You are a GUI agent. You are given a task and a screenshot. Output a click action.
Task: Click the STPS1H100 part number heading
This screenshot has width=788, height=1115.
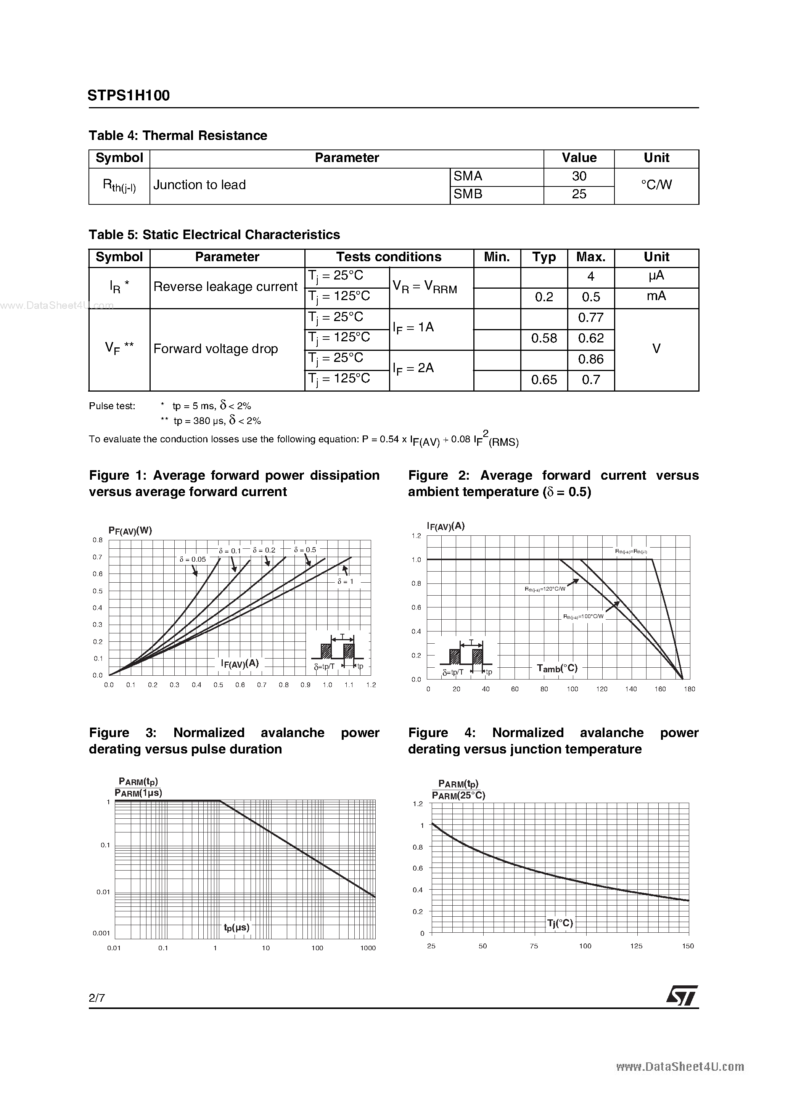click(129, 96)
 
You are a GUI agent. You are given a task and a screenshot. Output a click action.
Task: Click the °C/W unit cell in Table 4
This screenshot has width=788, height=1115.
click(656, 185)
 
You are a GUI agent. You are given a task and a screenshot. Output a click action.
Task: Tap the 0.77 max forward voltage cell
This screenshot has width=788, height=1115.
click(590, 318)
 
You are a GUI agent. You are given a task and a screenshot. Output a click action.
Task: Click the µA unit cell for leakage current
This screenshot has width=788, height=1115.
click(656, 276)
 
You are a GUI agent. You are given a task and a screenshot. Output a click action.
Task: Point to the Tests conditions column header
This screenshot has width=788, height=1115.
click(389, 257)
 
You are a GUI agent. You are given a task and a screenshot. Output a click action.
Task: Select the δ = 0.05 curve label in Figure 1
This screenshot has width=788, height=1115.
click(192, 559)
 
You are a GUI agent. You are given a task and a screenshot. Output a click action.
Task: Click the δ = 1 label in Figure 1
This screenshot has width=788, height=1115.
click(346, 581)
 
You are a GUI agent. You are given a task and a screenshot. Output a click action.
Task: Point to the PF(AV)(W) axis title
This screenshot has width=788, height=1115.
click(130, 531)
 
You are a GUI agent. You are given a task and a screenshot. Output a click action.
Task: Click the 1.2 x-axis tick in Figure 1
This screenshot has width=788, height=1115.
click(371, 685)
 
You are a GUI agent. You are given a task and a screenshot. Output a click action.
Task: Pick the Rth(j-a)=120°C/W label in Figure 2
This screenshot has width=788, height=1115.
click(545, 589)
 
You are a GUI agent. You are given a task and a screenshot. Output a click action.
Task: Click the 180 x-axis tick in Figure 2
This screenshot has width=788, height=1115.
click(689, 689)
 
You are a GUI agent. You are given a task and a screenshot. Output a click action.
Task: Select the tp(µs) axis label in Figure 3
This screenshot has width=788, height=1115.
click(236, 927)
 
